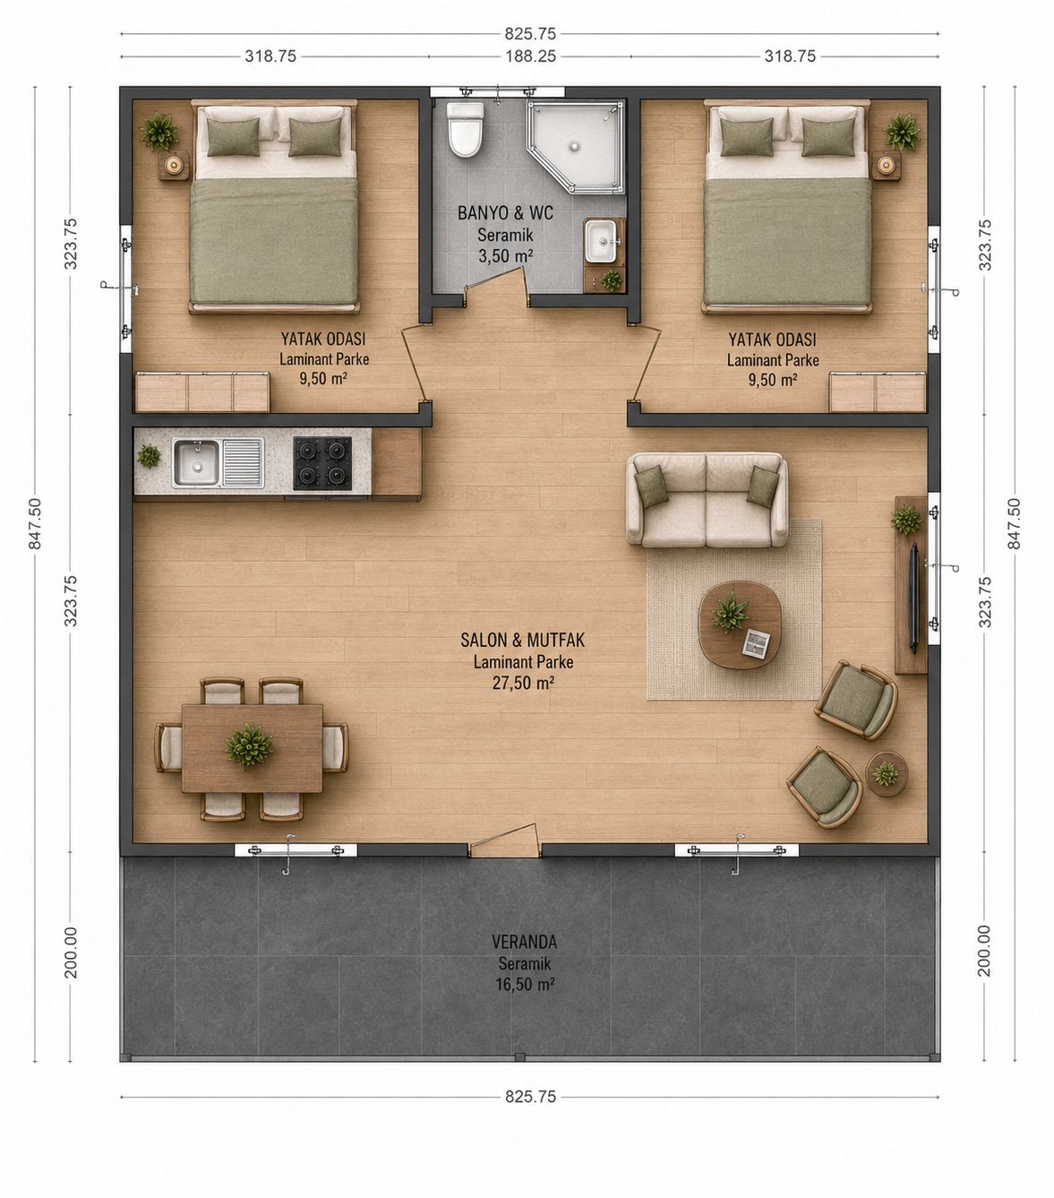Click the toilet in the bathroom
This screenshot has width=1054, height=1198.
pyautogui.click(x=466, y=129)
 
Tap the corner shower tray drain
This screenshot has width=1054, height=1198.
pyautogui.click(x=572, y=143)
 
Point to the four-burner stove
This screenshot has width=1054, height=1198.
pyautogui.click(x=322, y=463)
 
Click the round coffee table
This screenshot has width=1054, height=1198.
pyautogui.click(x=740, y=625)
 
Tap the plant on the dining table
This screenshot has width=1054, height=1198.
pyautogui.click(x=249, y=746)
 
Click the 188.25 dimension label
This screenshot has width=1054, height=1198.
pyautogui.click(x=530, y=56)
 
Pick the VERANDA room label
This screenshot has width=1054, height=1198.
pyautogui.click(x=525, y=942)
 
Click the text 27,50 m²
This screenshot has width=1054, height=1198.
pyautogui.click(x=523, y=683)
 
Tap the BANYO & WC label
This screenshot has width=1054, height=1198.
pyautogui.click(x=505, y=213)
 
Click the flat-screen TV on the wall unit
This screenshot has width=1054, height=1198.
pyautogui.click(x=915, y=598)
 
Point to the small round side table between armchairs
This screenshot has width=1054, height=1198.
pyautogui.click(x=887, y=774)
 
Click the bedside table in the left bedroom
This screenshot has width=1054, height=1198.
pyautogui.click(x=174, y=165)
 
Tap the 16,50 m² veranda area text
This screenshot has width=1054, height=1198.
pyautogui.click(x=525, y=985)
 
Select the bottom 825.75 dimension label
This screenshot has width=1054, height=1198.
pyautogui.click(x=530, y=1097)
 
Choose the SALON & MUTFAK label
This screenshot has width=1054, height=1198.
pyautogui.click(x=523, y=640)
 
